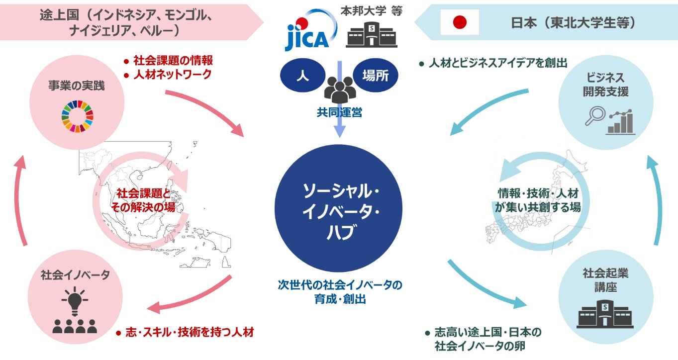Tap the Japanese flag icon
(460, 22)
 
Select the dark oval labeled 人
(300, 75)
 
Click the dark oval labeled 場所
(375, 75)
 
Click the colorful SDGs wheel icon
(77, 117)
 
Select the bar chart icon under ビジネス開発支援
(620, 121)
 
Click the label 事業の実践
(77, 85)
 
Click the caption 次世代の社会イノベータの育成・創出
(340, 293)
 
